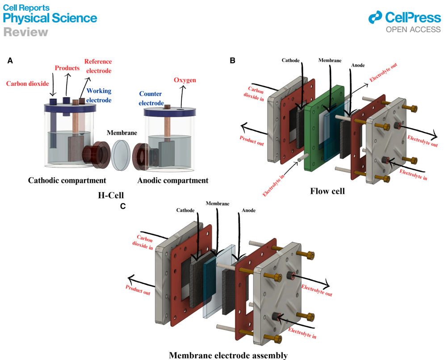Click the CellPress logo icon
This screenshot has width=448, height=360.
(x=375, y=18)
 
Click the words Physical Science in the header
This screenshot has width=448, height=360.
(x=50, y=18)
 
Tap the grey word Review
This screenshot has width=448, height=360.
(x=25, y=32)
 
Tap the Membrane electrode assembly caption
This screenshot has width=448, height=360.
(x=228, y=356)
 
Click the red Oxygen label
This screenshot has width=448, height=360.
(x=185, y=80)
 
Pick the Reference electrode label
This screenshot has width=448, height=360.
(x=98, y=66)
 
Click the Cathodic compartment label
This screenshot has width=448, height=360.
(x=67, y=181)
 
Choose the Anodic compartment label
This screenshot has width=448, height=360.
(x=173, y=181)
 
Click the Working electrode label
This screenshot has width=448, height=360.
(x=99, y=95)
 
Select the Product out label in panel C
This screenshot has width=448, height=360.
(x=138, y=290)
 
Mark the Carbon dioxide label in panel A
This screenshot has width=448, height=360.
(x=27, y=83)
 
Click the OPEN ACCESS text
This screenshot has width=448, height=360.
(x=413, y=30)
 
